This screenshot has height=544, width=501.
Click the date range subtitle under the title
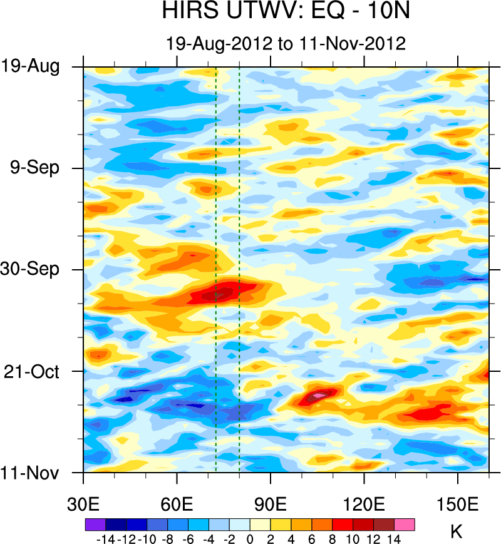click(x=286, y=43)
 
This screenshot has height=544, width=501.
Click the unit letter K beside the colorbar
click(x=456, y=532)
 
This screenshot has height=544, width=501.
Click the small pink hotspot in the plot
click(x=319, y=396)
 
